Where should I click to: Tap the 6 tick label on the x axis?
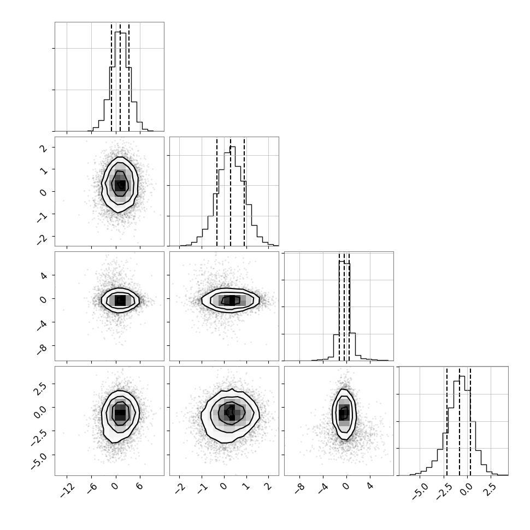[x=139, y=486]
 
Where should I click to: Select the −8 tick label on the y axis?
[x=42, y=349]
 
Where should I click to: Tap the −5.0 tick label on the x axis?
[x=420, y=491]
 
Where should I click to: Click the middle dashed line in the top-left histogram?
[x=120, y=77]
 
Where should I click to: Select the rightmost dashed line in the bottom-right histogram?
[x=470, y=421]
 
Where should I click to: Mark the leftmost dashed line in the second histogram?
[x=217, y=192]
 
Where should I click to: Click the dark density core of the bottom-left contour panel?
[x=120, y=413]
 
